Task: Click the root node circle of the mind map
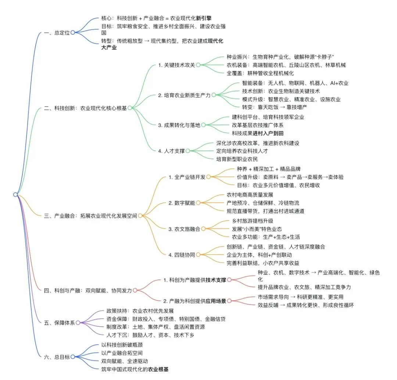(x=15, y=194)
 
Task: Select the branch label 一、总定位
(x=57, y=32)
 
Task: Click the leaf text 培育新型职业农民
(x=237, y=159)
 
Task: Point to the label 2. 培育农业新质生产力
(x=184, y=95)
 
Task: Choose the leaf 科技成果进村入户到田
(x=258, y=133)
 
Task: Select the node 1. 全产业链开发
(x=187, y=177)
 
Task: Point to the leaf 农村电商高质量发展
(x=250, y=195)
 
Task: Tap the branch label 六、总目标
(x=57, y=356)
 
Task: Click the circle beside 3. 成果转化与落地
(x=203, y=125)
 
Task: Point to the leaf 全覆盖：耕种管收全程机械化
(x=260, y=73)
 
